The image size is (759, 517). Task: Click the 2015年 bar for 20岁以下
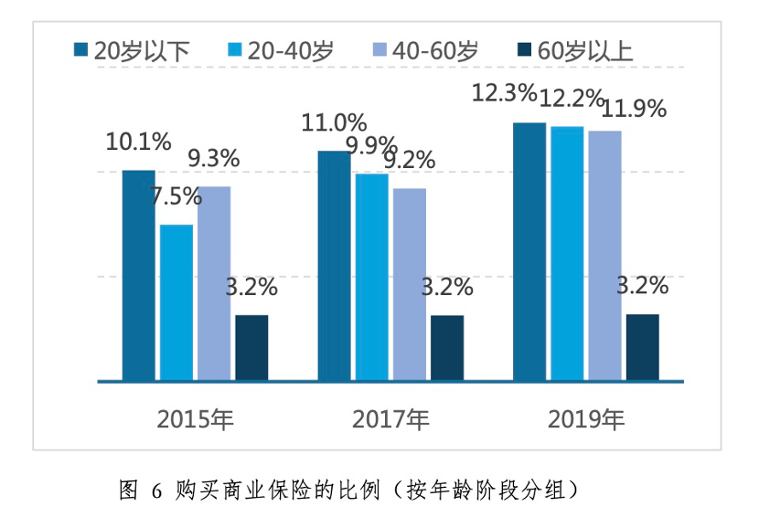[x=139, y=275]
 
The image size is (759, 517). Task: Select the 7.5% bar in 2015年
[x=176, y=302]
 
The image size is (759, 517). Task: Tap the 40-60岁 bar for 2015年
[x=214, y=283]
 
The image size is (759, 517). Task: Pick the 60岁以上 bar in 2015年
[x=251, y=347]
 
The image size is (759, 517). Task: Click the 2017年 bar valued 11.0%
[x=334, y=265]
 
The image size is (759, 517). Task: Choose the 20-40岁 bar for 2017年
[x=371, y=277]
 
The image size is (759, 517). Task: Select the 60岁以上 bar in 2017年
[x=447, y=347]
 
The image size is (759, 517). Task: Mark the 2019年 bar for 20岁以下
[x=529, y=251]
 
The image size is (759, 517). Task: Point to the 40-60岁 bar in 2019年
[x=604, y=256]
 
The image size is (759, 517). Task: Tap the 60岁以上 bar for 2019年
[x=642, y=347]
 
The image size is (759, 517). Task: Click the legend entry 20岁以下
[x=132, y=51]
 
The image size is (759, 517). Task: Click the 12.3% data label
[x=503, y=92]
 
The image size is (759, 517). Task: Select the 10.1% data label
[x=139, y=142]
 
